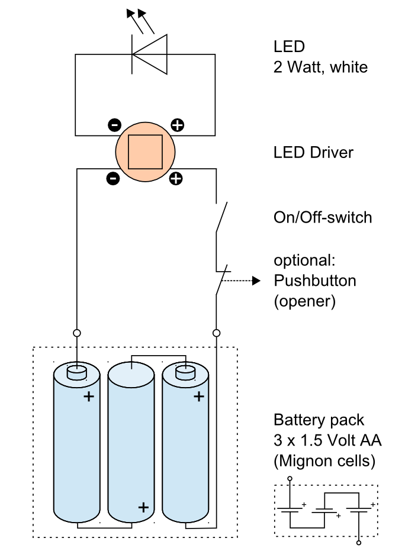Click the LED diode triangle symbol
149,56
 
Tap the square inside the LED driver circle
146,151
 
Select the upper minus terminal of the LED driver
114,125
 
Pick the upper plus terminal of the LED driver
177,125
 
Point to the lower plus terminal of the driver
176,178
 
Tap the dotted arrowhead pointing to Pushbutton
256,281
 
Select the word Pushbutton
314,281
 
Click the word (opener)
304,301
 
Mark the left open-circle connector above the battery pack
77,333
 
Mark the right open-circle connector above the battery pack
217,333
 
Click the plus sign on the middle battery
143,507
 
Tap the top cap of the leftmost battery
76,372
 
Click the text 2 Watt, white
320,67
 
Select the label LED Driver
313,153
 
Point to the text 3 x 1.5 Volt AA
327,441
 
